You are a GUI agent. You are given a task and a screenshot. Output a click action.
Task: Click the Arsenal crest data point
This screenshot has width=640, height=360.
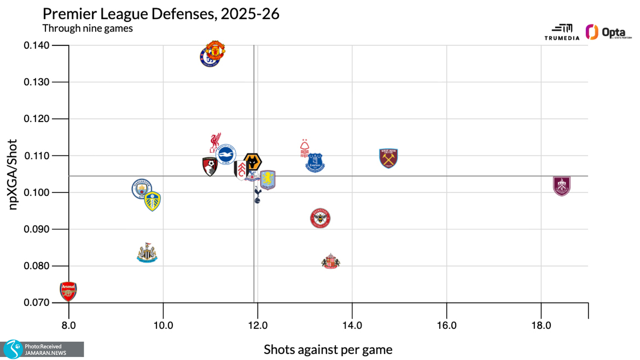68,291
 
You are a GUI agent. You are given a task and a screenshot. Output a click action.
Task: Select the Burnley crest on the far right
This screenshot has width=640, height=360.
561,186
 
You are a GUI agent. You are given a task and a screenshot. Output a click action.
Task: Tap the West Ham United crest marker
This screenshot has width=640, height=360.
388,158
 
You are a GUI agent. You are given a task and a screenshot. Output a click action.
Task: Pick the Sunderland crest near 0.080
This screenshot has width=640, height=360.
331,261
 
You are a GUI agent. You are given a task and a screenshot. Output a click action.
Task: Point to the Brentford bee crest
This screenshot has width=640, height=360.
320,218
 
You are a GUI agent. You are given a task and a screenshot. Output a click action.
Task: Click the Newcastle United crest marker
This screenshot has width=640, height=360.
147,253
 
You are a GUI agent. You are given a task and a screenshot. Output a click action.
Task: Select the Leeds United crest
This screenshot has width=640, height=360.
152,201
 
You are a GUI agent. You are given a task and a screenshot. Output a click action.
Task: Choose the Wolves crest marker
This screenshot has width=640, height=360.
253,163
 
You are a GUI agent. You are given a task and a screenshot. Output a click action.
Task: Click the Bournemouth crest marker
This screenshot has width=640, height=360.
210,166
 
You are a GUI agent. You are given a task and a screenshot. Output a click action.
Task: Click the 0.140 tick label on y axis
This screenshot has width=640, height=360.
36,45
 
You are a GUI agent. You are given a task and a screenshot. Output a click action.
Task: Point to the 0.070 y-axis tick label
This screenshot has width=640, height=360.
36,303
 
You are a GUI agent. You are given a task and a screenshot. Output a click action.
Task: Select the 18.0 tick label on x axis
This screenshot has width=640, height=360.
541,325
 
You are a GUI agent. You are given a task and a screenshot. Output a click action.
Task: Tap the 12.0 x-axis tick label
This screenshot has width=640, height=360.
258,325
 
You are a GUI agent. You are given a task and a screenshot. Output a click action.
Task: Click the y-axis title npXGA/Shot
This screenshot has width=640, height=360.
13,174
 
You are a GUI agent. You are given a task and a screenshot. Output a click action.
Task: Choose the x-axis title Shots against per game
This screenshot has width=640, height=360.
328,350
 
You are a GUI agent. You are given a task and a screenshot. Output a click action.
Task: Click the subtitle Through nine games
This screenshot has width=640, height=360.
87,29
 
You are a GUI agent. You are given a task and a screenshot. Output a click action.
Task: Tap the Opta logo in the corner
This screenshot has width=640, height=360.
608,32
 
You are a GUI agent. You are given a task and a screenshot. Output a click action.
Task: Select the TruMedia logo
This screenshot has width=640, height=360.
562,32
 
